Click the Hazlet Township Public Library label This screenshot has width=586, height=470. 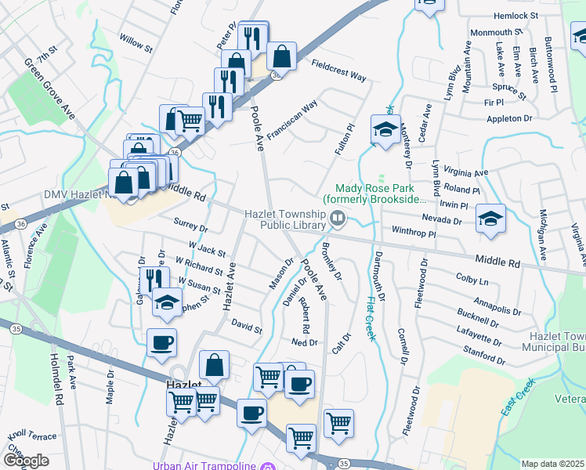pyautogui.click(x=284, y=219)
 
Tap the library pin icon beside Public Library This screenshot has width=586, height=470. pyautogui.click(x=338, y=220)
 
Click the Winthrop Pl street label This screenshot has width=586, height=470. pyautogui.click(x=413, y=232)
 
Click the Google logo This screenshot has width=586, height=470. pyautogui.click(x=26, y=460)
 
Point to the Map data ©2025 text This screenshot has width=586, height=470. pyautogui.click(x=552, y=464)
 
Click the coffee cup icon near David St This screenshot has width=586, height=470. pyautogui.click(x=161, y=342)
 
